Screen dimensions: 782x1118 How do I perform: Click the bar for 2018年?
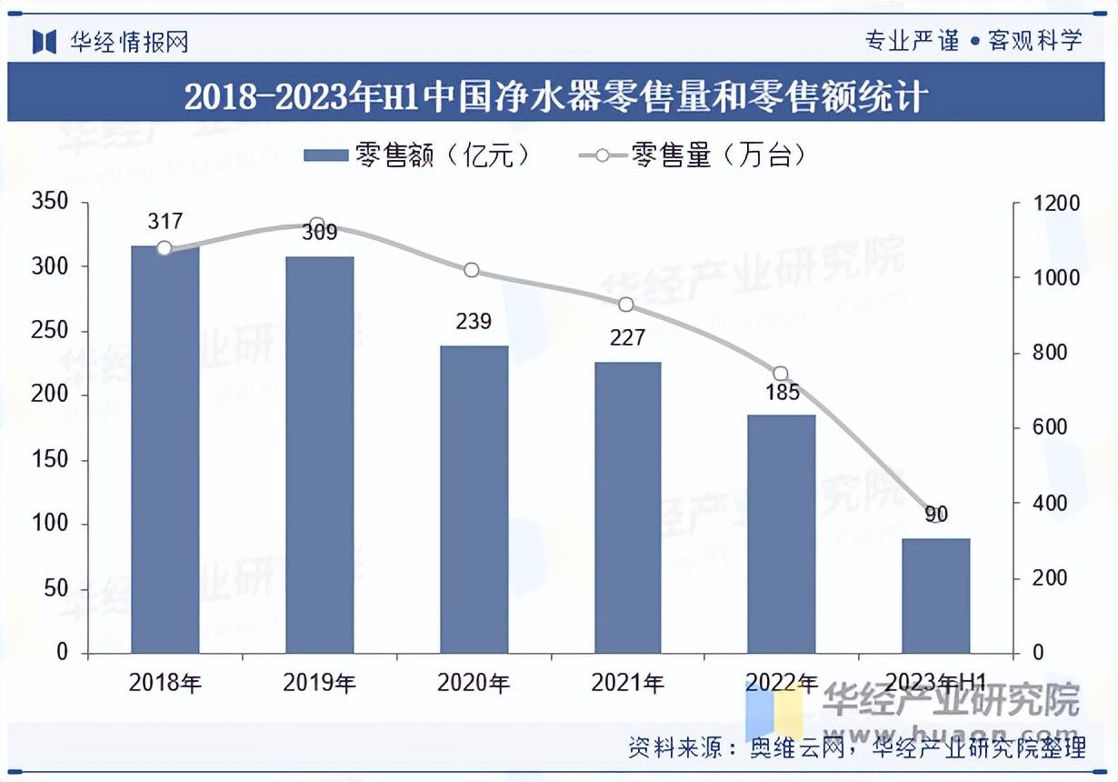coord(165,449)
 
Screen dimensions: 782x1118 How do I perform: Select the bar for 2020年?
coord(474,499)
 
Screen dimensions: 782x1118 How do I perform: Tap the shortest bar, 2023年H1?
coord(935,596)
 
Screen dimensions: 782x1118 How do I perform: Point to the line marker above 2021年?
coord(626,305)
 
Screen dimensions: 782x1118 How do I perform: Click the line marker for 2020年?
coord(471,270)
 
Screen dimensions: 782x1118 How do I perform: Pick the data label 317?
coord(165,221)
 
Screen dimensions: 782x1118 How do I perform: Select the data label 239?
coord(473,321)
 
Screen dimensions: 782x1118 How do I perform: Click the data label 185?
coord(782,393)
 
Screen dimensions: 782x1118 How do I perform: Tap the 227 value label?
coord(627,337)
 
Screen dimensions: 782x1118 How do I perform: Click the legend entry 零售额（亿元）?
coord(418,155)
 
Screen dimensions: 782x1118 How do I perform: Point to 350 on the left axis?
coord(51,202)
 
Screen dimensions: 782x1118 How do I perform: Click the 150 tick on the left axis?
coord(51,460)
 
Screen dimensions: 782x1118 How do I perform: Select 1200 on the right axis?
coord(1055,203)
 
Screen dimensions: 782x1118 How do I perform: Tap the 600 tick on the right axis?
coord(1051,427)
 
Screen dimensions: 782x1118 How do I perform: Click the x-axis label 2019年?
coord(319,682)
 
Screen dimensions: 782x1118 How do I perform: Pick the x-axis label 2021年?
coord(627,682)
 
